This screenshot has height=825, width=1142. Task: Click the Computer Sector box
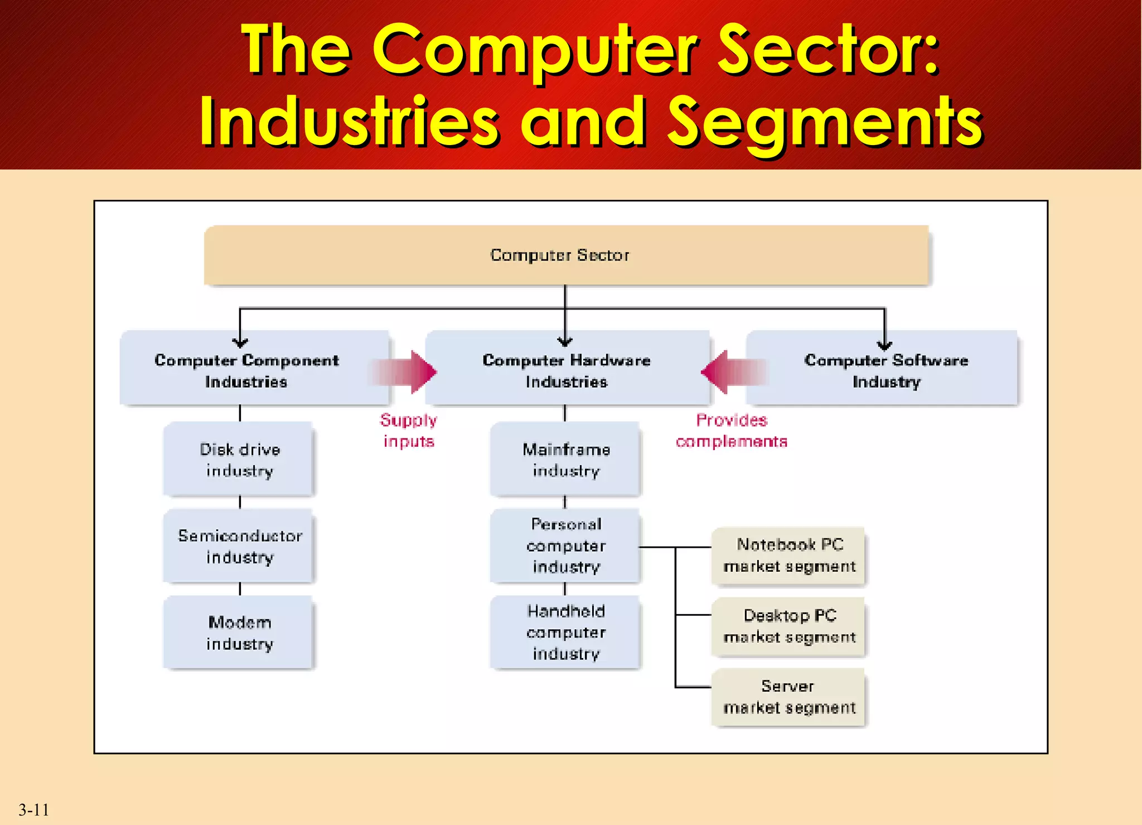coord(565,255)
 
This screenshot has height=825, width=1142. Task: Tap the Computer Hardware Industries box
coord(567,369)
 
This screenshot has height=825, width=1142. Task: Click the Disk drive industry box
coord(239,459)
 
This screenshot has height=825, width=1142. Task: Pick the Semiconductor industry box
coord(239,546)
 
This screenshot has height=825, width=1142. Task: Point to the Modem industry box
coord(239,633)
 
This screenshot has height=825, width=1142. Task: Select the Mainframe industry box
coord(565,459)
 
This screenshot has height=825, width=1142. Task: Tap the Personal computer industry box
coord(565,546)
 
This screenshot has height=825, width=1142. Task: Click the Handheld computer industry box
coord(565,632)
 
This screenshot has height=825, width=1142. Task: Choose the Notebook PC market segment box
coord(788,556)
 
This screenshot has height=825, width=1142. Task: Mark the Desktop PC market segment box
coord(788,626)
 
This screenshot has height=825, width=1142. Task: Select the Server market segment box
coord(788,697)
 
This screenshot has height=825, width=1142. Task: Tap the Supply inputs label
coord(408,431)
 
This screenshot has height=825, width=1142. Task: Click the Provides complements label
coord(731,431)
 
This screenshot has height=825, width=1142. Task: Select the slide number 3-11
coord(33,809)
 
